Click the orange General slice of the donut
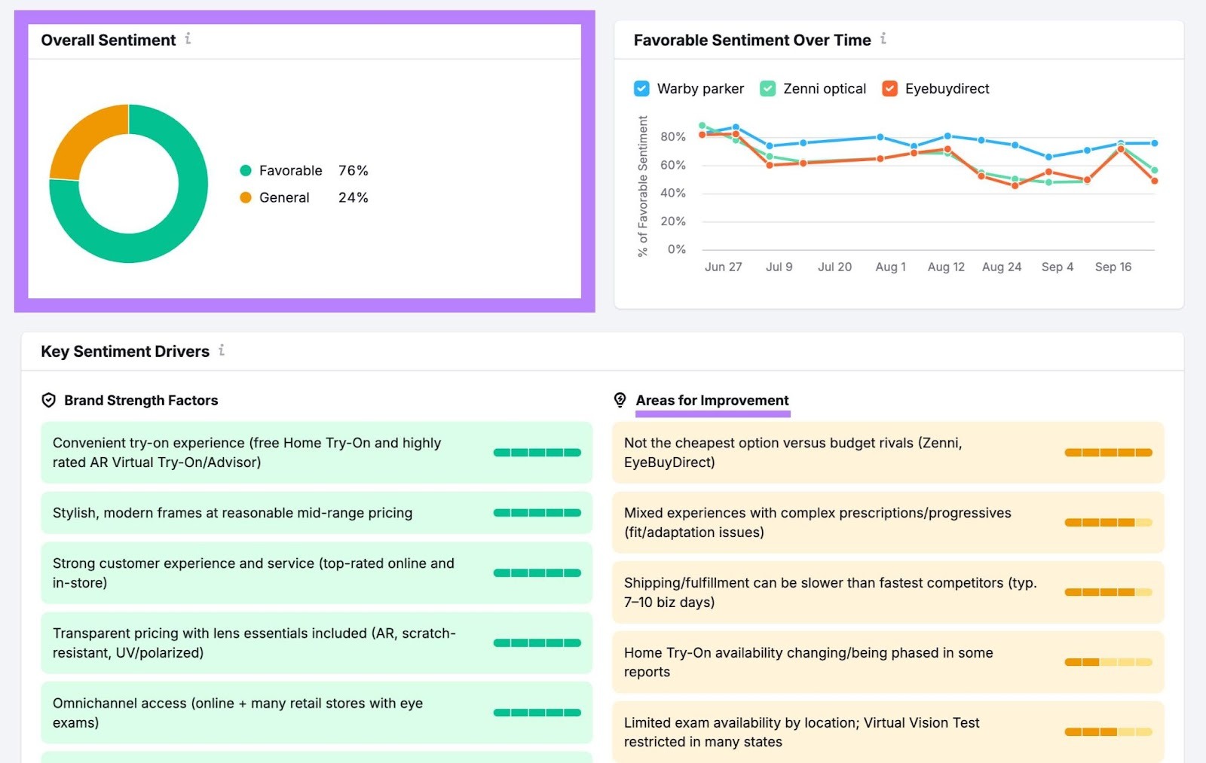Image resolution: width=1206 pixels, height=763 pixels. pyautogui.click(x=83, y=139)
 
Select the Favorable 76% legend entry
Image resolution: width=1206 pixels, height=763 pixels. pyautogui.click(x=290, y=171)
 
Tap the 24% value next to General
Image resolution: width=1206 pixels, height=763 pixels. pyautogui.click(x=353, y=197)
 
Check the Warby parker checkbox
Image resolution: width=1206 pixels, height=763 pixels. pyautogui.click(x=641, y=89)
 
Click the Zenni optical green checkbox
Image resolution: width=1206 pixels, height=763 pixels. pyautogui.click(x=767, y=89)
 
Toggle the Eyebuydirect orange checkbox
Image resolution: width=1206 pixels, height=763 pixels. pyautogui.click(x=889, y=89)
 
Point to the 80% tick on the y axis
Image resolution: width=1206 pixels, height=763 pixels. pyautogui.click(x=672, y=137)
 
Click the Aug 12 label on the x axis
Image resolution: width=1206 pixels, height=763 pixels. pyautogui.click(x=946, y=267)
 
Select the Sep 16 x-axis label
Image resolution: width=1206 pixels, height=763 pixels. pyautogui.click(x=1113, y=267)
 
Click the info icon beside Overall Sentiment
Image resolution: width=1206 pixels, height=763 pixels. pyautogui.click(x=188, y=38)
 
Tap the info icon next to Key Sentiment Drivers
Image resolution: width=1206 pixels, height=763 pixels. pyautogui.click(x=222, y=350)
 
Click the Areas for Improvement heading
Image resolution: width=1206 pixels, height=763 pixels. pyautogui.click(x=712, y=401)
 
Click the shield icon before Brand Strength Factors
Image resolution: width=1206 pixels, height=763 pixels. pyautogui.click(x=49, y=401)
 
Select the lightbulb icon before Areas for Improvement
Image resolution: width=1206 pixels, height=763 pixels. pyautogui.click(x=620, y=400)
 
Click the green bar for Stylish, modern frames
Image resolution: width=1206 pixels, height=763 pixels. pyautogui.click(x=537, y=513)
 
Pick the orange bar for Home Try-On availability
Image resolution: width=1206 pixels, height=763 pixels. pyautogui.click(x=1107, y=662)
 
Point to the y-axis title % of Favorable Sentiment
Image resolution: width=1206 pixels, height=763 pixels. pyautogui.click(x=642, y=186)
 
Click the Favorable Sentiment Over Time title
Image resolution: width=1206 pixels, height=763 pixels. pyautogui.click(x=751, y=40)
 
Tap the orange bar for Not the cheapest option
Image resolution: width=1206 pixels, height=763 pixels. pyautogui.click(x=1107, y=453)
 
